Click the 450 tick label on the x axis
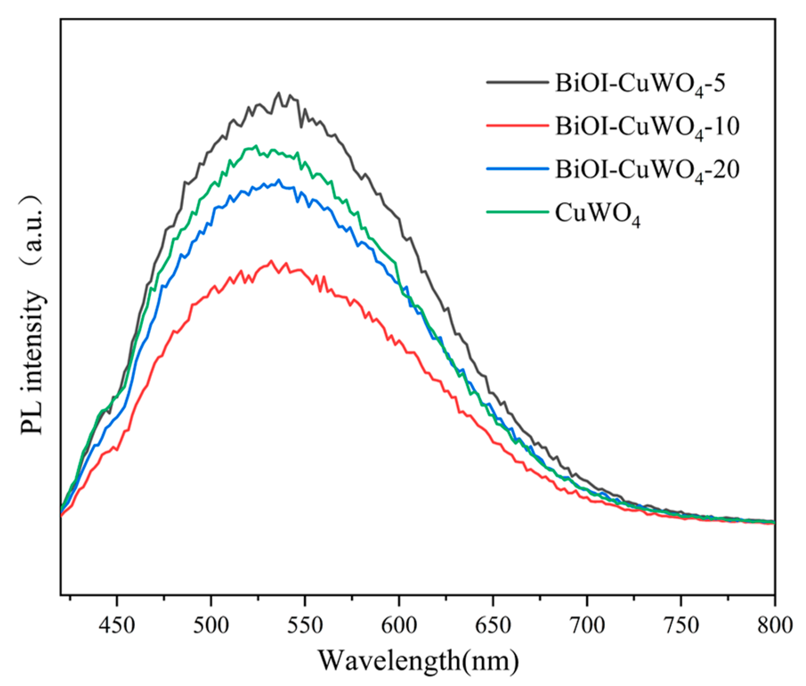point(117,625)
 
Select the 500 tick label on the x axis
point(211,625)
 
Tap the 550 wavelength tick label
point(305,625)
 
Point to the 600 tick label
point(399,625)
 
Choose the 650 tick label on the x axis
point(493,625)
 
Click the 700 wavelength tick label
point(587,625)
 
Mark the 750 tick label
point(681,625)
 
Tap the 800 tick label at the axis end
point(775,625)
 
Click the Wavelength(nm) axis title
point(418,660)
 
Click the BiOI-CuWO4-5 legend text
point(640,84)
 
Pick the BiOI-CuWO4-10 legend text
point(647,126)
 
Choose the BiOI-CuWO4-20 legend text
point(647,170)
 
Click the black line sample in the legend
point(517,82)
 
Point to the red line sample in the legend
point(517,125)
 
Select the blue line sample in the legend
point(517,168)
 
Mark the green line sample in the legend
point(517,212)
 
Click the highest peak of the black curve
point(279,93)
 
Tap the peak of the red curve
point(271,260)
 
